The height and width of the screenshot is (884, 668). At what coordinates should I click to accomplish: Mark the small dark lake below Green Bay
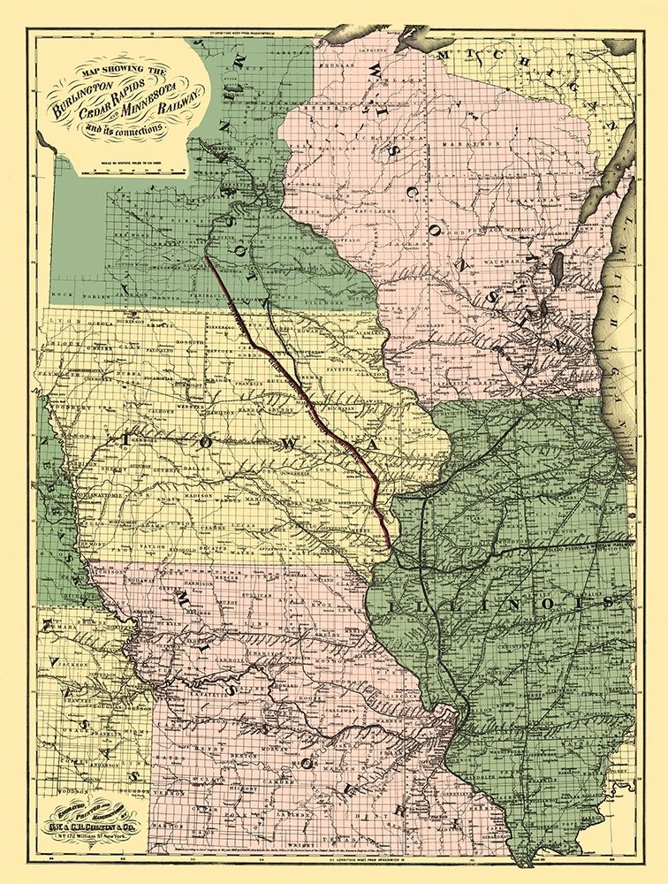pos(558,264)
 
